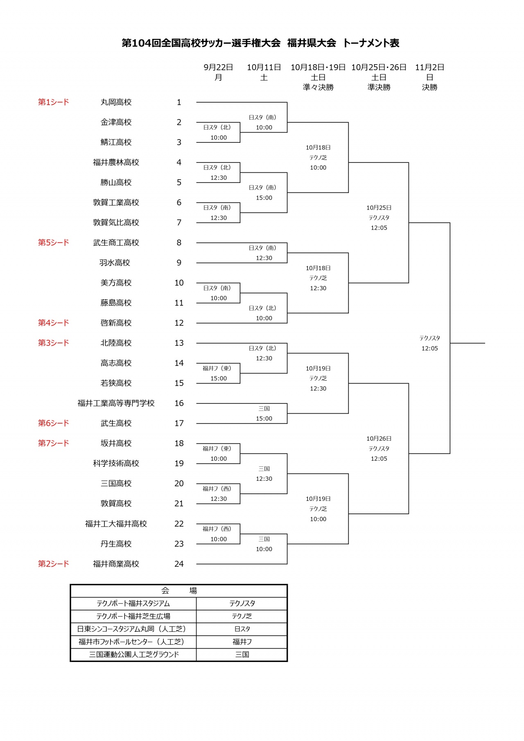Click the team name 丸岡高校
point(116,102)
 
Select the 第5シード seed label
point(54,243)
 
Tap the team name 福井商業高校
point(116,564)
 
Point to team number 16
point(179,403)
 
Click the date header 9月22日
point(219,67)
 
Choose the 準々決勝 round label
point(318,87)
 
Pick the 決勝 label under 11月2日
point(430,87)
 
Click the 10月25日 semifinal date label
point(379,208)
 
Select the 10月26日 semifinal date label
point(379,439)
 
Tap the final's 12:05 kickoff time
point(430,349)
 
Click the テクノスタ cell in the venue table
point(242,604)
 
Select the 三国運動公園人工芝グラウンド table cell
point(134,655)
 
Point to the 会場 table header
point(179,591)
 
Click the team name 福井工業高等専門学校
point(116,403)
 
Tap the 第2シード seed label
point(54,564)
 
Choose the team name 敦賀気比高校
point(116,223)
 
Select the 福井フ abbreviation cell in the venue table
point(242,642)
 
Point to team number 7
point(179,223)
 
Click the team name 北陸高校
point(116,343)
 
